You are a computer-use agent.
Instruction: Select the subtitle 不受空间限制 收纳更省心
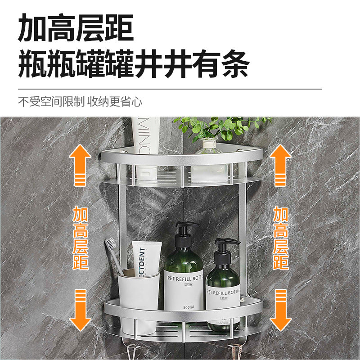point(80,101)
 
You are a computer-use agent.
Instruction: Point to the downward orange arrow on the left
point(80,310)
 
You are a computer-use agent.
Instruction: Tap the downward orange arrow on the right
point(280,310)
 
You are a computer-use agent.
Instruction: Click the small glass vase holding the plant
point(208,162)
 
